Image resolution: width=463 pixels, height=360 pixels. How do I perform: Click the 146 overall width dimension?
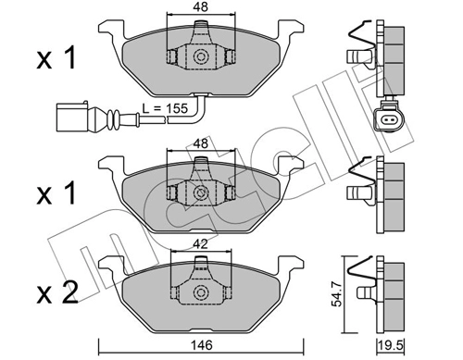coord(201,345)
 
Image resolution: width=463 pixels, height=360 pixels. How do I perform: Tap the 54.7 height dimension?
coord(337,295)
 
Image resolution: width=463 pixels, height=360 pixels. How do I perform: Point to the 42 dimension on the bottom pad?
coord(201,244)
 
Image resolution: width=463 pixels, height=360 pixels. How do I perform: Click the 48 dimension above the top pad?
coord(201,6)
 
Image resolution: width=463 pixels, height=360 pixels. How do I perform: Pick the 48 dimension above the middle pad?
coord(201,143)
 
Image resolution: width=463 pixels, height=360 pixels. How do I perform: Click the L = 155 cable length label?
coord(165,108)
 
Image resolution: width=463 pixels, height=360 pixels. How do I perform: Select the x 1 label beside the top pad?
coord(56,58)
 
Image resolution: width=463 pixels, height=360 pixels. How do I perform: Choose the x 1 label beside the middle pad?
coord(56,193)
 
